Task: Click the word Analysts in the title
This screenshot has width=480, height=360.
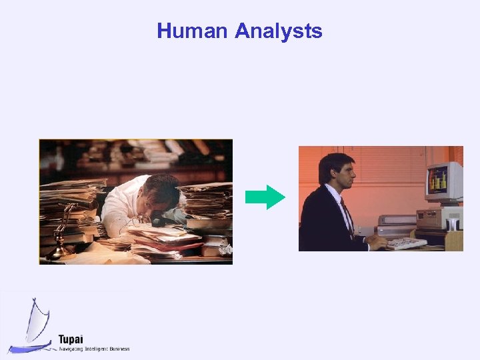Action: [x=279, y=31]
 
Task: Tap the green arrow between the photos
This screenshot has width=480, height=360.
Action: [x=265, y=197]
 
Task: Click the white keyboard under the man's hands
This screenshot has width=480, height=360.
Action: [x=406, y=243]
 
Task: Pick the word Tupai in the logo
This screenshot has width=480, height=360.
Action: [x=70, y=339]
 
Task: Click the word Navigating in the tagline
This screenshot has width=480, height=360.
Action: [x=73, y=349]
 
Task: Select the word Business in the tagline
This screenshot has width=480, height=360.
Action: [x=119, y=349]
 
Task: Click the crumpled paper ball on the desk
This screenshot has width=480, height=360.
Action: [x=225, y=248]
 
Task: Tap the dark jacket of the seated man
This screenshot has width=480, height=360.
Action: [x=324, y=223]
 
